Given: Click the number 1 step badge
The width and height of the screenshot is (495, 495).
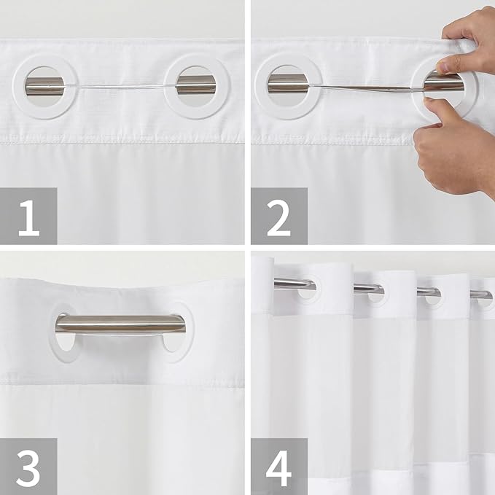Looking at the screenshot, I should click(28, 216).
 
